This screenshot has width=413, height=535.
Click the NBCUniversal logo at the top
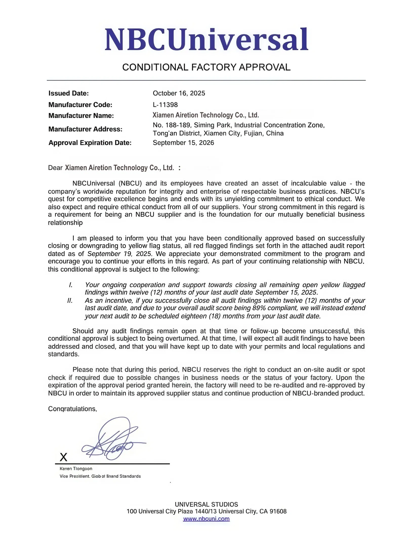pyautogui.click(x=206, y=40)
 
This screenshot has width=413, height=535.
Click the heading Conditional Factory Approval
pyautogui.click(x=206, y=67)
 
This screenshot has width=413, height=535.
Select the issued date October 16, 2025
pyautogui.click(x=179, y=93)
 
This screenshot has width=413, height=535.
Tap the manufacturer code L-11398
pyautogui.click(x=165, y=105)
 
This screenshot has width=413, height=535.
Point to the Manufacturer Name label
pyautogui.click(x=81, y=116)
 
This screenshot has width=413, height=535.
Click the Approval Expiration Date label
pyautogui.click(x=90, y=143)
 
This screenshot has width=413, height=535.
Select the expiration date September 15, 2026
pyautogui.click(x=183, y=143)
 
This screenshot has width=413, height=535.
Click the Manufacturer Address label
pyautogui.click(x=85, y=129)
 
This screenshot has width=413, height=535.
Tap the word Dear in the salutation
pyautogui.click(x=55, y=168)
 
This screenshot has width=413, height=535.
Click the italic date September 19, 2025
pyautogui.click(x=120, y=254)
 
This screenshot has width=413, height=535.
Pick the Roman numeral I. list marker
pyautogui.click(x=71, y=285)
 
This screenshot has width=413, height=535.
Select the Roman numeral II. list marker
pyautogui.click(x=70, y=301)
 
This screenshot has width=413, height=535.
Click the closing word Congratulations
pyautogui.click(x=72, y=409)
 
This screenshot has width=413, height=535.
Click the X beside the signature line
pyautogui.click(x=64, y=457)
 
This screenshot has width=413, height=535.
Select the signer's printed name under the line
pyautogui.click(x=76, y=469)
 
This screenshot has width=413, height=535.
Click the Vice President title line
pyautogui.click(x=100, y=476)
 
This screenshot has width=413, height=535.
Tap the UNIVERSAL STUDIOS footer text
pyautogui.click(x=206, y=504)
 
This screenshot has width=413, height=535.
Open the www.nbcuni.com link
pyautogui.click(x=206, y=519)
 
